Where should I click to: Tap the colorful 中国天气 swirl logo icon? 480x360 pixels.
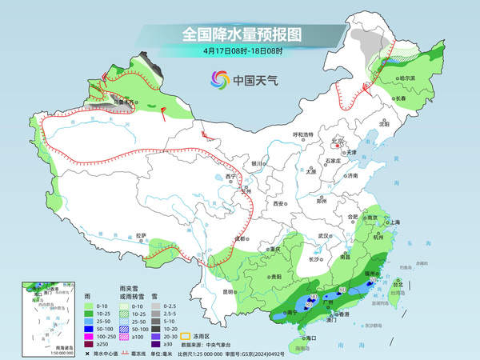[218, 79]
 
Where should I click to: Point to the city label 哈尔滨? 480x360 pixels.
[407, 78]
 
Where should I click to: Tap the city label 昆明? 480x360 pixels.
[230, 291]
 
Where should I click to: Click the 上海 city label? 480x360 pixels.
[393, 222]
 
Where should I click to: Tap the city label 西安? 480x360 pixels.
[279, 204]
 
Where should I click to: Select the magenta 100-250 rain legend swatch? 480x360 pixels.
[87, 338]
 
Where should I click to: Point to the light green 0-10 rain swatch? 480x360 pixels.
[87, 306]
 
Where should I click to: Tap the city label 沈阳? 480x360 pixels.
[386, 125]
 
